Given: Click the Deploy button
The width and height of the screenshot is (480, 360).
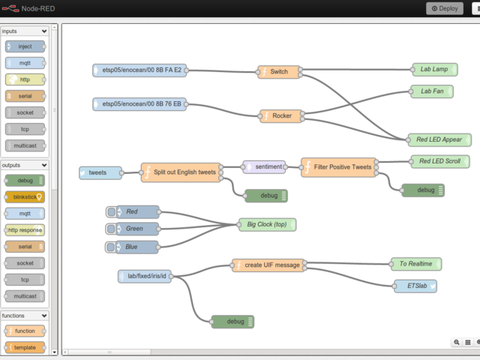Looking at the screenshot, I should tap(445, 8).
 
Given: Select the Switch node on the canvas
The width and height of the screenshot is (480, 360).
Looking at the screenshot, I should tap(279, 72).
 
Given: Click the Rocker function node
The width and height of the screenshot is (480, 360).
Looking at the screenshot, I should tap(282, 115).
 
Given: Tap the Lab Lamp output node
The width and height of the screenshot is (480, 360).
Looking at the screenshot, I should tap(434, 70).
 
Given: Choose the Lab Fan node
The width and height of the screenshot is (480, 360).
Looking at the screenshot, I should tap(432, 91).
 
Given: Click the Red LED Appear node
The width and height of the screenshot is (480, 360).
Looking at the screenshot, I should tap(439, 139).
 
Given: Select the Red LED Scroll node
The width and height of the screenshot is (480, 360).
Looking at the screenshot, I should tap(439, 161).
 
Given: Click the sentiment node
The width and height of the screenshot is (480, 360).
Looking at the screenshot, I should tap(264, 166).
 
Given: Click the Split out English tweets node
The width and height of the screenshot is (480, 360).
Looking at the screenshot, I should tap(184, 172).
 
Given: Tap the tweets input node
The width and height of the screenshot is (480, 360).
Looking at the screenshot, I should tap(100, 172).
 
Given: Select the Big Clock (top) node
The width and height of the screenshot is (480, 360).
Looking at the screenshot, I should tap(267, 224).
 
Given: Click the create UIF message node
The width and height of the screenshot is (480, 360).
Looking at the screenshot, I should tap(271, 265).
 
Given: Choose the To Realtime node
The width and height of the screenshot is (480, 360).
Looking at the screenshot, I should tap(415, 264).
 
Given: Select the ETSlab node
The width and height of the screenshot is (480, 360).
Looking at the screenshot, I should tap(415, 286).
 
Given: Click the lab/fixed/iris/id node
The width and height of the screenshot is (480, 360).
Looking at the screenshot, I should tap(145, 277).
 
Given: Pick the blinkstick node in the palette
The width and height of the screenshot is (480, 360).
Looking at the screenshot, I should tap(25, 197).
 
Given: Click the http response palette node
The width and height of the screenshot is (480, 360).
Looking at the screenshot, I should tap(25, 230).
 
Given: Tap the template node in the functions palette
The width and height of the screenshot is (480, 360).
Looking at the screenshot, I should tap(25, 347).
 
